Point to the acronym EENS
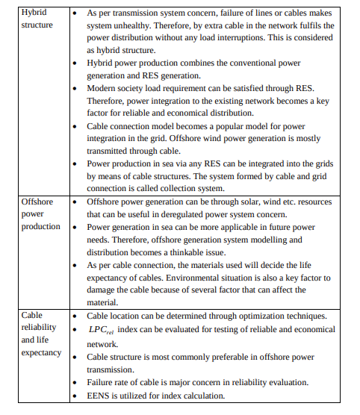point(99,396)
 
